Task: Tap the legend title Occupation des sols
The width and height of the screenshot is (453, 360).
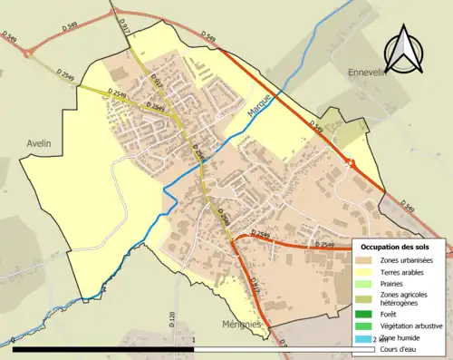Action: (395, 247)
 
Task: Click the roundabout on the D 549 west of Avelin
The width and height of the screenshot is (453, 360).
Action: (28, 53)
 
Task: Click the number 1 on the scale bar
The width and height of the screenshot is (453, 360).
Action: (194, 341)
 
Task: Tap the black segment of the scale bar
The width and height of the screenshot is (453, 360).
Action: (103, 348)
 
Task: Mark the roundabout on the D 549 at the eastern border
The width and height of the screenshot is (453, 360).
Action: (350, 164)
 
